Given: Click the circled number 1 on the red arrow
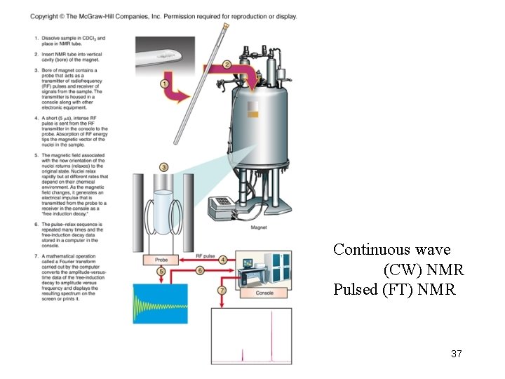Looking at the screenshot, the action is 166,84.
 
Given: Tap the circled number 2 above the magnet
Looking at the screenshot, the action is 227,65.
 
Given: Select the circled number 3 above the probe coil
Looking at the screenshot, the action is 163,167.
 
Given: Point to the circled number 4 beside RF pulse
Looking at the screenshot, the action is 223,260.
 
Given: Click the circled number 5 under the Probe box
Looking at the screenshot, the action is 161,271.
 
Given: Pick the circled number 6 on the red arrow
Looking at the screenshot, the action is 200,270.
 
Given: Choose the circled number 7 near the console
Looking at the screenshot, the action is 222,289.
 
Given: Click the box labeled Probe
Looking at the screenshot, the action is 161,260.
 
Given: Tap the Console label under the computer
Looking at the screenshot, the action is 264,293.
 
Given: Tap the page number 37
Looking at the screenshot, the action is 457,354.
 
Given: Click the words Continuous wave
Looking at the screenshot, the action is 382,249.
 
